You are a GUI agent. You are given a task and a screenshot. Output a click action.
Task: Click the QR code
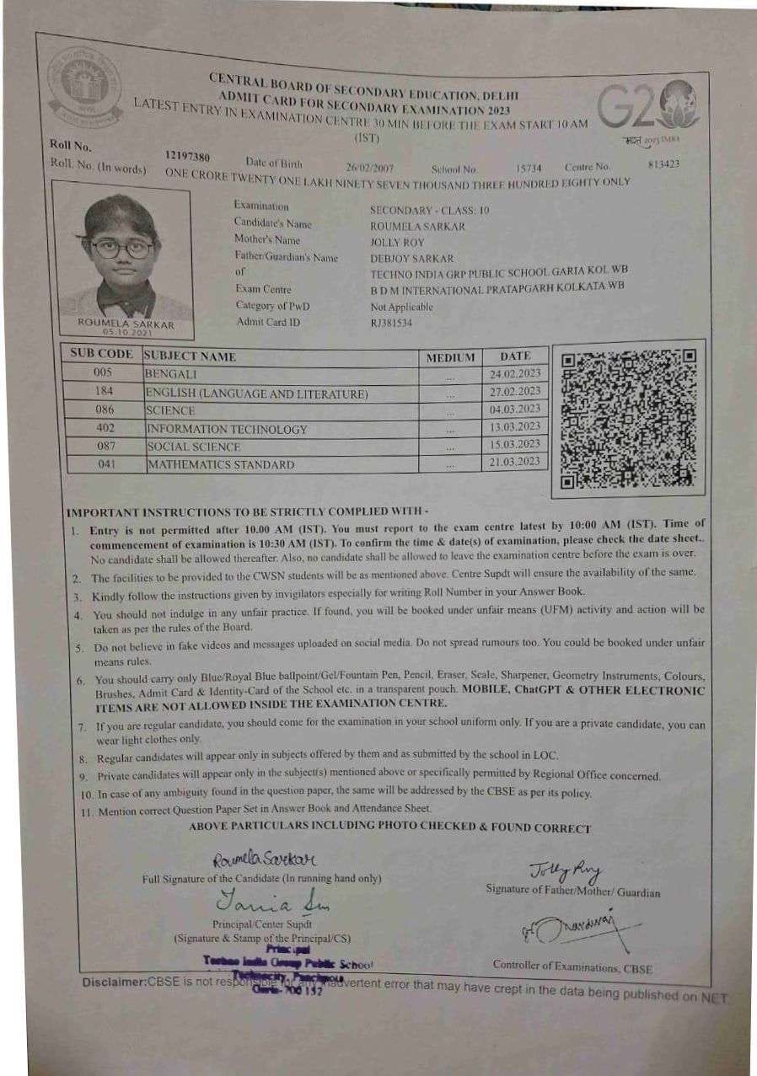629,418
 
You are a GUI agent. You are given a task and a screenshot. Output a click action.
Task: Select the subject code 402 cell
104,428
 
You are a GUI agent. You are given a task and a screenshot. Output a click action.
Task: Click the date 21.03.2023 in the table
515,462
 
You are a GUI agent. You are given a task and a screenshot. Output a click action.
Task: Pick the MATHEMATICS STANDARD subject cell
221,464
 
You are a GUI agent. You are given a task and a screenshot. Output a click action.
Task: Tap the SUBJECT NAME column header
191,356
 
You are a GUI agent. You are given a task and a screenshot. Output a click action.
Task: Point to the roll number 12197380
188,158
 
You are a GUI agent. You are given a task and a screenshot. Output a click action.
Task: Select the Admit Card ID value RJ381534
391,323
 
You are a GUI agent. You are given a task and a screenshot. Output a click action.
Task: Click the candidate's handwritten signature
264,859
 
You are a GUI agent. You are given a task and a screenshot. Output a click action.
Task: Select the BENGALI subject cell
172,373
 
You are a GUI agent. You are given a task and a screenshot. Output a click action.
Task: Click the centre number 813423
663,164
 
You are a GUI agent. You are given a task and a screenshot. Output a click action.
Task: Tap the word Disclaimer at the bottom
114,983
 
